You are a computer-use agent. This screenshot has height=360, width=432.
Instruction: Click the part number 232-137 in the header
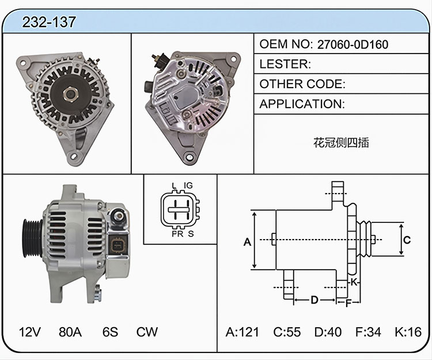pos(49,22)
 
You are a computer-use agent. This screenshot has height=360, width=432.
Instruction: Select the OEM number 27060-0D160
pos(353,44)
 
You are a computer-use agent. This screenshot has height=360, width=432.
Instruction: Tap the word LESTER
pos(285,64)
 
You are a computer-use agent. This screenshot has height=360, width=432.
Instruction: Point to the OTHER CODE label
pos(302,84)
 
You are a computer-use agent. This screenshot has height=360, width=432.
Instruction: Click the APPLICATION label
pos(302,104)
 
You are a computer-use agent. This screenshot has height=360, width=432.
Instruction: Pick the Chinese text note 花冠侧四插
pos(341,142)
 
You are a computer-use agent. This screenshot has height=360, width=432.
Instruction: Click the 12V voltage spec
pos(30,332)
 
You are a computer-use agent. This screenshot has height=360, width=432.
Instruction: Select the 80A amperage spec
pos(70,332)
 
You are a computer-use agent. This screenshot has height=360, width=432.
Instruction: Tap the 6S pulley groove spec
pos(110,332)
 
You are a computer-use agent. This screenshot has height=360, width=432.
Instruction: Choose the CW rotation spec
pos(147,332)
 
